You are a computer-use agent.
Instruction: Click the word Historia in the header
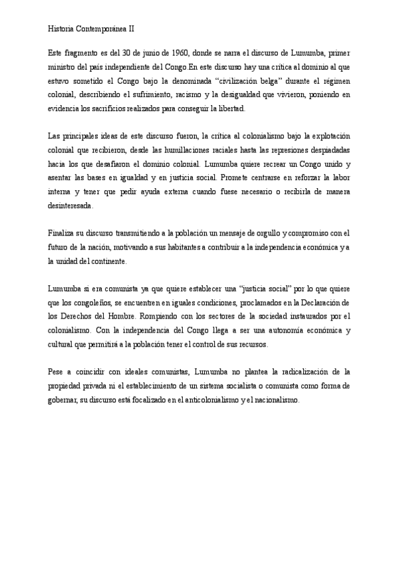click(63, 29)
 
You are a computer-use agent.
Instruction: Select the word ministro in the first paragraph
click(63, 67)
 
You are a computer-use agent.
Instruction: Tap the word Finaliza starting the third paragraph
click(63, 234)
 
